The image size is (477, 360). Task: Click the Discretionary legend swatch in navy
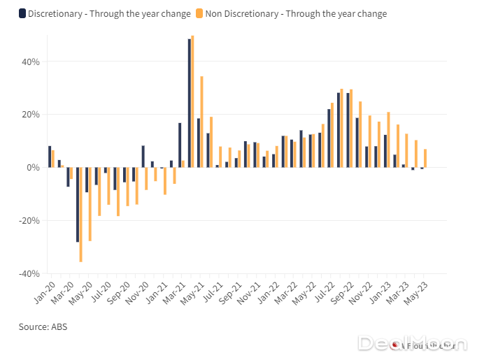coord(22,13)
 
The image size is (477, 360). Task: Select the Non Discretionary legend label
coord(297,13)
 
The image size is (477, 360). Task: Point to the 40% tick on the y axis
coord(30,62)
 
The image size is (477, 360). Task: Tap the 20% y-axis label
coord(30,115)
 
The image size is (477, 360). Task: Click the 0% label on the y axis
coord(33,168)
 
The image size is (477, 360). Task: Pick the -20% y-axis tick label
coord(29,221)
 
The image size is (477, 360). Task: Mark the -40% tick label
coord(29,274)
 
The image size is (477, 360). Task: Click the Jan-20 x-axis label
coord(43,291)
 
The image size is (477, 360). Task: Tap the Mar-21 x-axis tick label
coord(174,291)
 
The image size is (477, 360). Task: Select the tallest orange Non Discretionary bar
coord(192,101)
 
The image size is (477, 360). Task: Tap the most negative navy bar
coord(78,204)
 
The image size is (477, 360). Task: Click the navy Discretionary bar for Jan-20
coord(49,157)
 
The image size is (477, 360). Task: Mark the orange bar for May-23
coord(425,158)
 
